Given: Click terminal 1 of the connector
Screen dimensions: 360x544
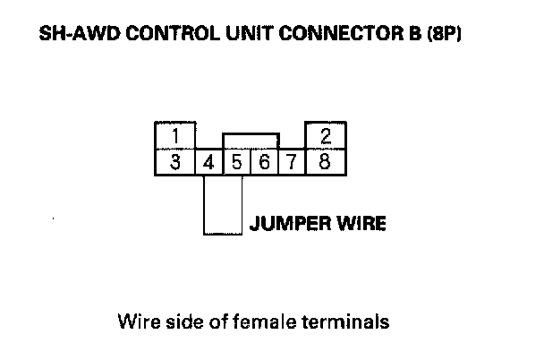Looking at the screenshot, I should (176, 136).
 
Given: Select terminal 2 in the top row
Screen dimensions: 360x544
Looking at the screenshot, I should (327, 136).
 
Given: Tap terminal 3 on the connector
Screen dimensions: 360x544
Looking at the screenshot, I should (176, 162).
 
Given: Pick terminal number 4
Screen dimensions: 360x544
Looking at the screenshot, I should (208, 162).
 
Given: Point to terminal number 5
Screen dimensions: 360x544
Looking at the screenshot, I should (237, 162).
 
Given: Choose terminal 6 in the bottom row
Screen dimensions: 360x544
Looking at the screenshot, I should (265, 162).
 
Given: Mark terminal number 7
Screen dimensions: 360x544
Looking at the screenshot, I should (293, 162).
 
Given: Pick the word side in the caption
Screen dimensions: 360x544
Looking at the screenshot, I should (181, 321).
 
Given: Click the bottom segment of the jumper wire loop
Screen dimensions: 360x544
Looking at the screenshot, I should (223, 234).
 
